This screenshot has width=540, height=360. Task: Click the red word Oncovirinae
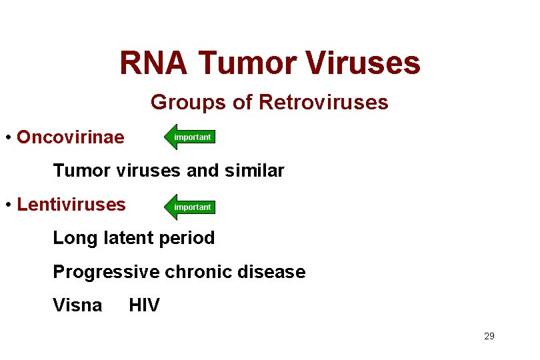pos(71,137)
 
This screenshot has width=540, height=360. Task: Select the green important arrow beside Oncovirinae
pos(191,137)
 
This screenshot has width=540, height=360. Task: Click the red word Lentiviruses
pos(71,205)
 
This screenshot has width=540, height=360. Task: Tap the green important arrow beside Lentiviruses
pos(191,207)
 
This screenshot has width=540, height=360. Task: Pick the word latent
pos(129,238)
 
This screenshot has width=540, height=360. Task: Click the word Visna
pos(77,306)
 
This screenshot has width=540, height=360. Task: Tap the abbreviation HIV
pos(144,306)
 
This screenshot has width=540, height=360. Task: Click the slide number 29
pos(489,337)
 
